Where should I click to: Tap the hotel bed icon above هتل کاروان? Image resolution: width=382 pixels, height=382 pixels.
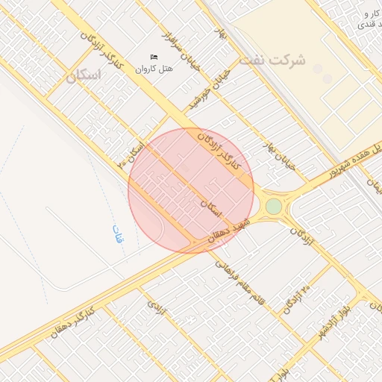(x=154, y=57)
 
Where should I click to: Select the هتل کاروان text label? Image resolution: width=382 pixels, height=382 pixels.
(x=154, y=69)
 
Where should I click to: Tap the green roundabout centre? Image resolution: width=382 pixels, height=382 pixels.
(x=274, y=206)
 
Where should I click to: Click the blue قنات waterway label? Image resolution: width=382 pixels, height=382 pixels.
(x=118, y=236)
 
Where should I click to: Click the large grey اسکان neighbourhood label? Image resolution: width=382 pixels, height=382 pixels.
(x=82, y=77)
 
